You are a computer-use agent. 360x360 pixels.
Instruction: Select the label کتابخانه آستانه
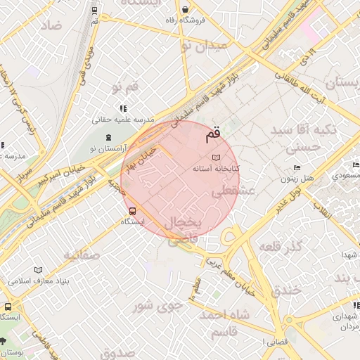point(217,169)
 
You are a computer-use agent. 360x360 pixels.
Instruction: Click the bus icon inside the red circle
point(133,210)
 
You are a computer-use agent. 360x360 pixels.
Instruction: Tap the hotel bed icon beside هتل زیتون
point(297,167)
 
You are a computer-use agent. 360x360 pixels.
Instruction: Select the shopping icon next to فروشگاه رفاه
point(185,10)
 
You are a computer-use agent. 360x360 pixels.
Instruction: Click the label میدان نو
point(204,46)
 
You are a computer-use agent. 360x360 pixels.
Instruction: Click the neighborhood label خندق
point(285,289)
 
